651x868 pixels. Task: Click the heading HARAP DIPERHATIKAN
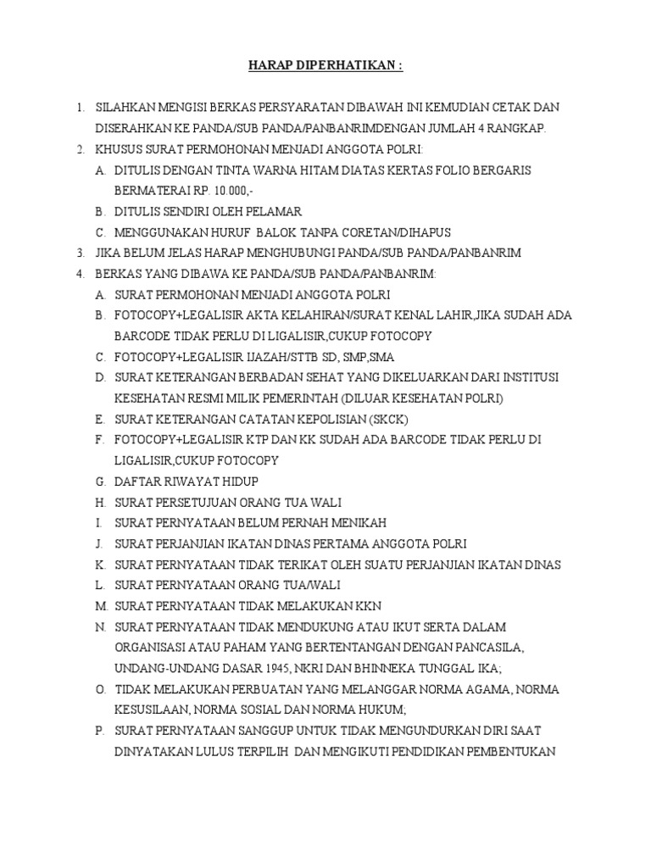point(325,66)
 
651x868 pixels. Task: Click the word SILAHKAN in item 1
point(125,108)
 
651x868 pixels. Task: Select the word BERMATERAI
point(149,191)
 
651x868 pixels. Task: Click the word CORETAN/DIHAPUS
point(399,232)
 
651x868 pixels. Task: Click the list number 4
point(80,274)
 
